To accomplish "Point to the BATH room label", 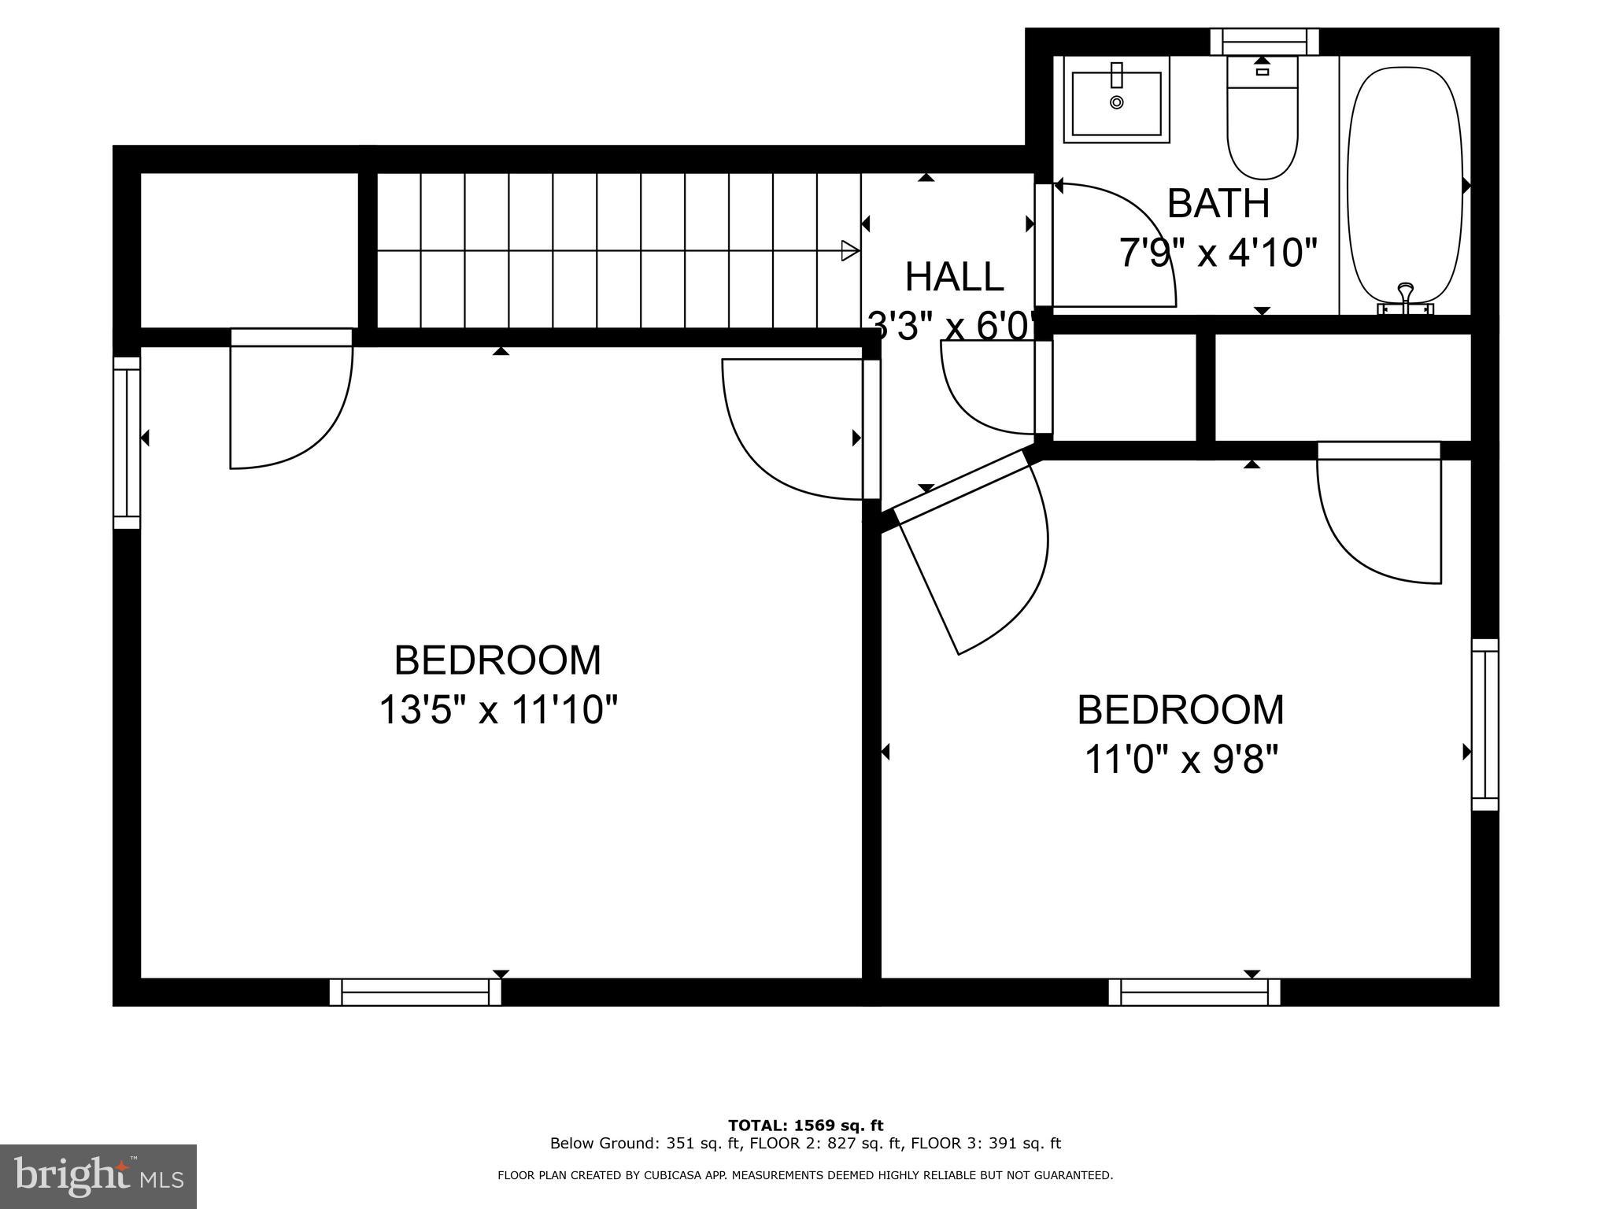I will (x=1218, y=204).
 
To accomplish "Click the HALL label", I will (x=954, y=277).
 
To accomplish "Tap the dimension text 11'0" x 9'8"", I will (x=1181, y=760).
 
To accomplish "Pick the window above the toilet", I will (x=1264, y=42).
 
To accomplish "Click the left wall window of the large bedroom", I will (x=127, y=442).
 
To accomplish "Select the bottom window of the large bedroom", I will (x=415, y=993).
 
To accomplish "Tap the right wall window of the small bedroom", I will (x=1485, y=724).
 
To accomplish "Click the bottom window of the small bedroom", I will (x=1194, y=993).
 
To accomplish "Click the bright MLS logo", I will (x=98, y=1177).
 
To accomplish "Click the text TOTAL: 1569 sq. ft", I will (x=805, y=1126).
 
